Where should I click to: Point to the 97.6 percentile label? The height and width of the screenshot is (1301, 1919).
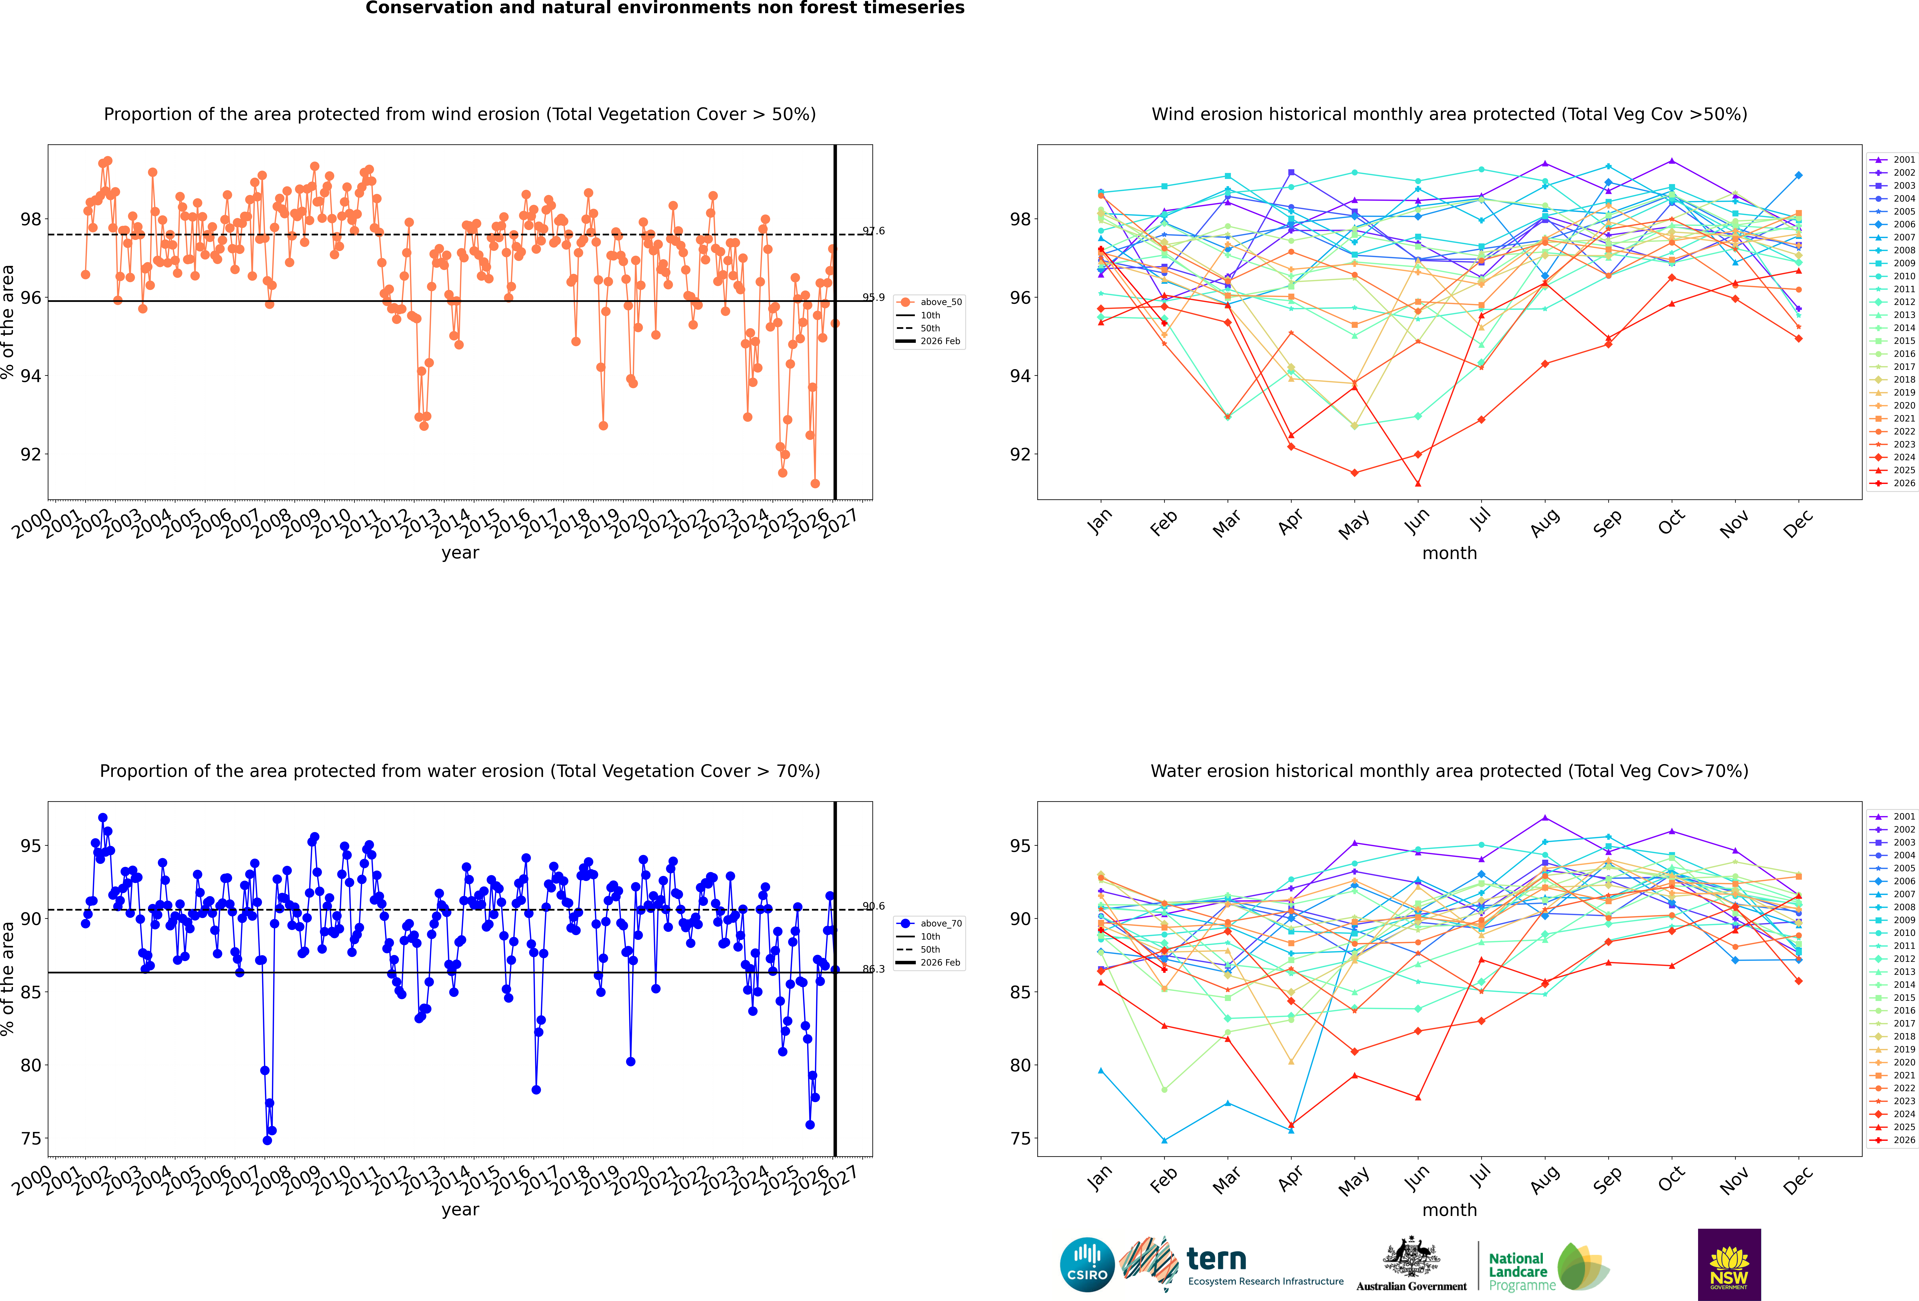click(x=874, y=231)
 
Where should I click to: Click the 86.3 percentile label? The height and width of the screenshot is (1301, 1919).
click(x=874, y=969)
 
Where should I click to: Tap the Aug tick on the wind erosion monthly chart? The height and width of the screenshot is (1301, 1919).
click(x=1545, y=522)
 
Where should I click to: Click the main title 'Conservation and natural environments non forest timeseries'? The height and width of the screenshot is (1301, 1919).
click(x=665, y=8)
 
